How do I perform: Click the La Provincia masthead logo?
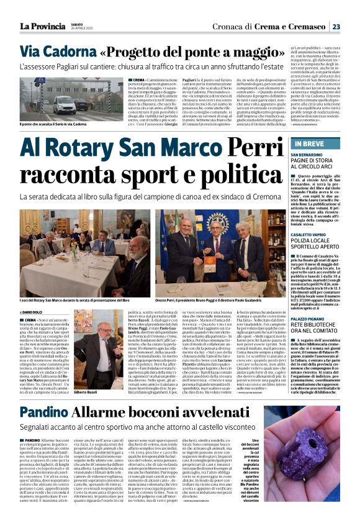[42, 26]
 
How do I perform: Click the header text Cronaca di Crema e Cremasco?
[274, 26]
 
